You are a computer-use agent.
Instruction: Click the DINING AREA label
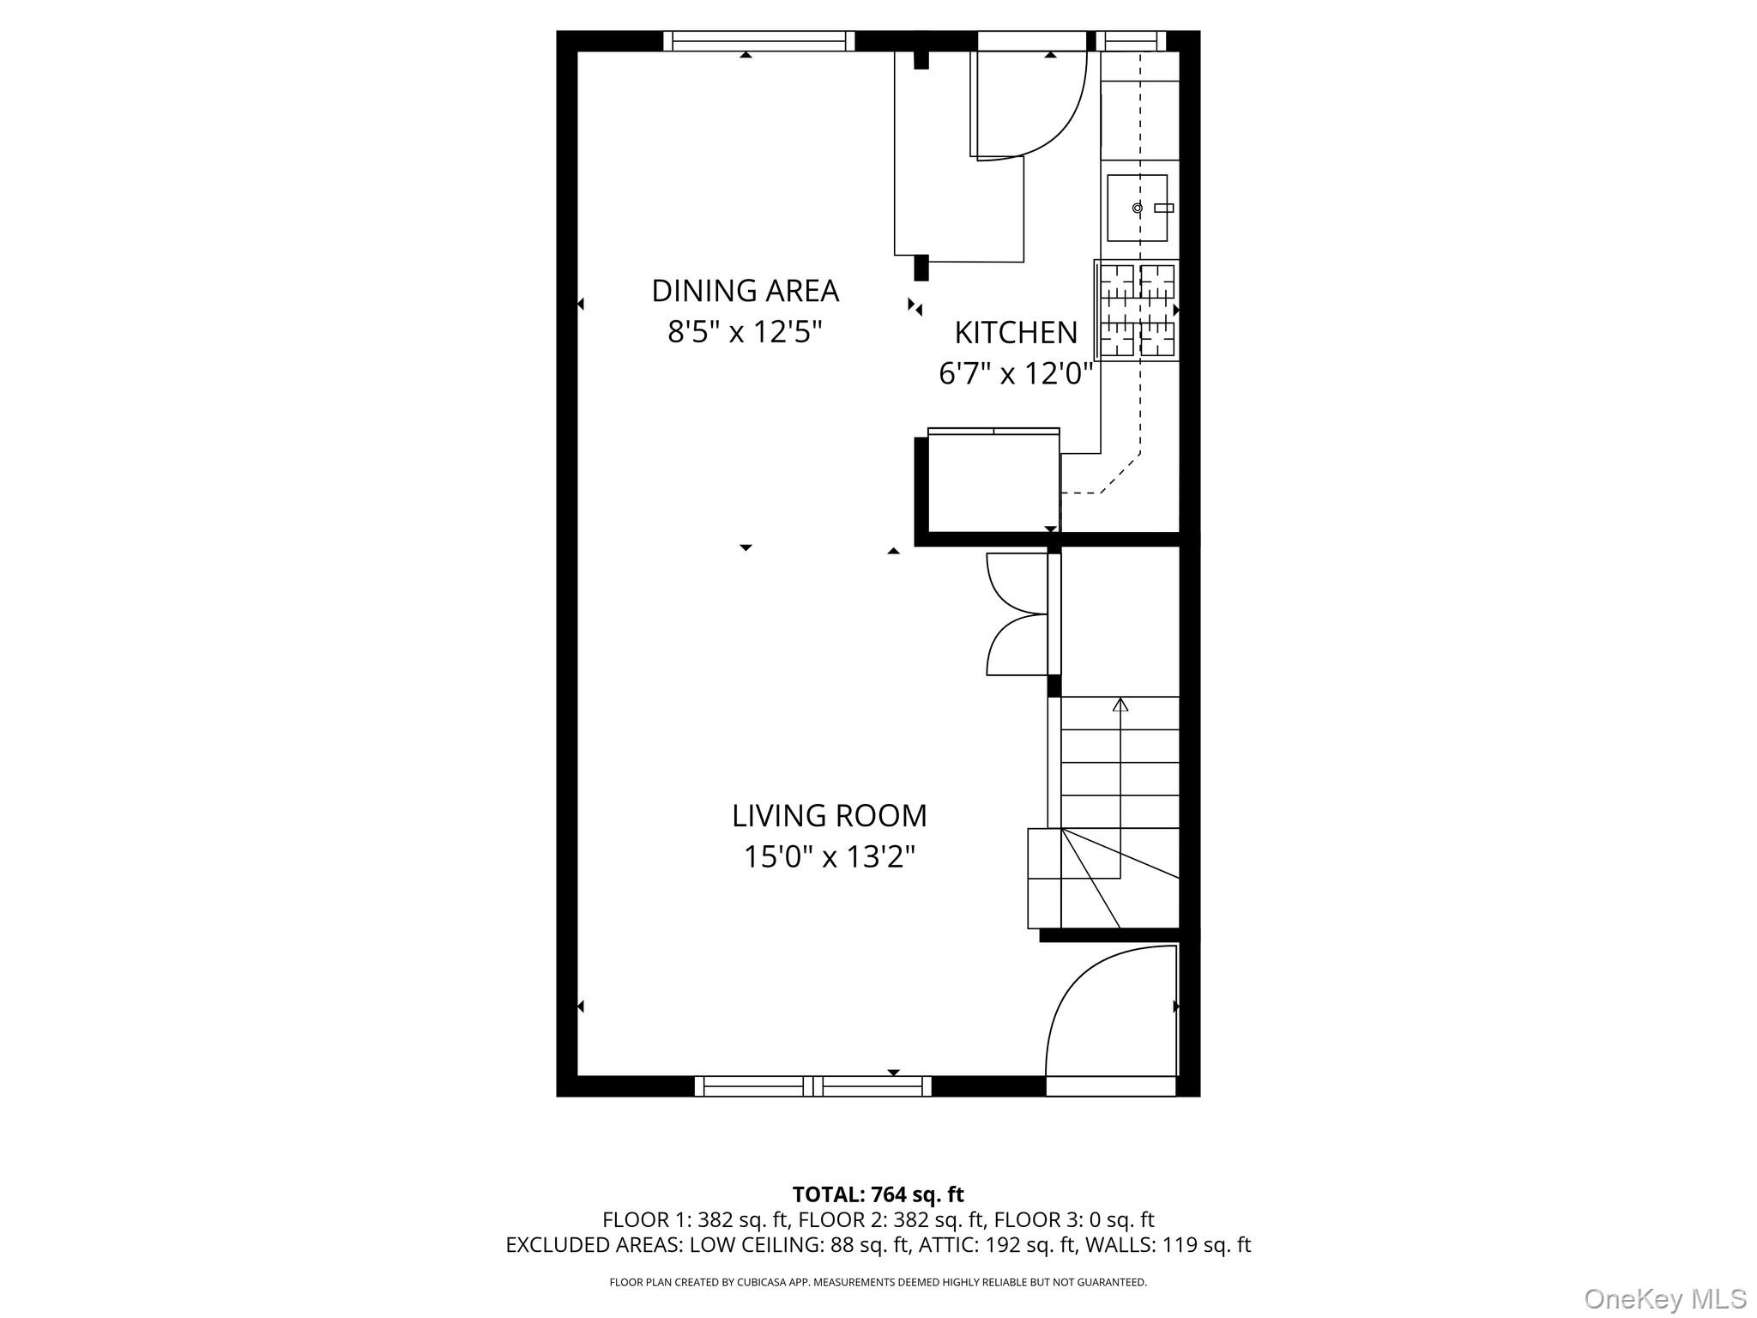tap(745, 291)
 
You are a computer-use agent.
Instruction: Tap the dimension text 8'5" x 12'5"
tap(745, 332)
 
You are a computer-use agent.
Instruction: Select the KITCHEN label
tap(1016, 333)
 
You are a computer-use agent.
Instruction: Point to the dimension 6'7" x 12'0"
tap(1016, 374)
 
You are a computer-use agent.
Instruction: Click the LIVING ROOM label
tap(829, 816)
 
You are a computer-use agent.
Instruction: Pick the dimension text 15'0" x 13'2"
tap(829, 857)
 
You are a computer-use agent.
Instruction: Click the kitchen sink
tap(1137, 208)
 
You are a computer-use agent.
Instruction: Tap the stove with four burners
tap(1137, 310)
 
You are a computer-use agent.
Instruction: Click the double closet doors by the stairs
tap(1017, 614)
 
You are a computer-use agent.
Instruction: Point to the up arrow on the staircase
tap(1120, 705)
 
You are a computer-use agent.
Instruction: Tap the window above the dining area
tap(758, 40)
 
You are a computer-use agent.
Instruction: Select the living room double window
tap(812, 1086)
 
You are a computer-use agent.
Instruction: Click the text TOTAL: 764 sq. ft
tap(878, 1194)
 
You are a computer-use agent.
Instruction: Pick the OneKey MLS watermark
tap(1664, 1298)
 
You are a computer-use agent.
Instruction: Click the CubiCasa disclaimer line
tap(878, 1283)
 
